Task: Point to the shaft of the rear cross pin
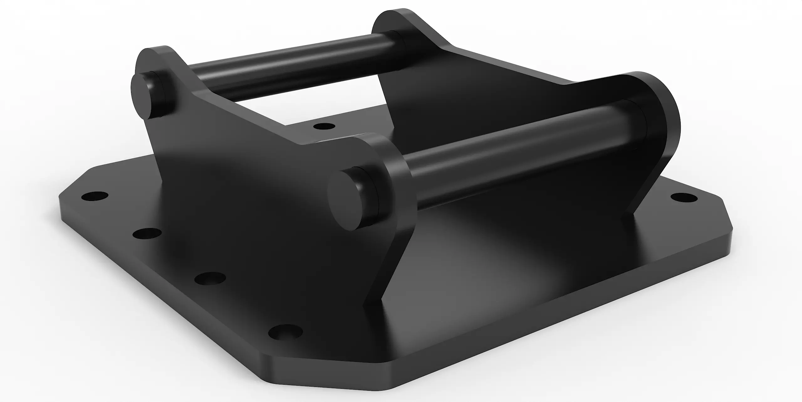tap(282, 66)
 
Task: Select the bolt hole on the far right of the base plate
tap(684, 198)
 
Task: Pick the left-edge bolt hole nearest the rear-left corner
tap(94, 197)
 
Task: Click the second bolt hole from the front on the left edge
tap(210, 278)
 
